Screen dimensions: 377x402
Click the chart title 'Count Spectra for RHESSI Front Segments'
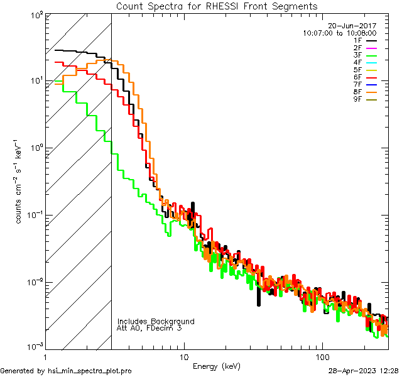[x=217, y=6]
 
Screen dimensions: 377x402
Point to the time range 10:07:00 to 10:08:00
[x=339, y=33]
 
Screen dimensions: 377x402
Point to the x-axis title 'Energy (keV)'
[x=216, y=366]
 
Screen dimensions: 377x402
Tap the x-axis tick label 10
[x=183, y=357]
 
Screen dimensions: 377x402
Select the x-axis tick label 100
[x=322, y=357]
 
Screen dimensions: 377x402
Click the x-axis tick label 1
[x=46, y=357]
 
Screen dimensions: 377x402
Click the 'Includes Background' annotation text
[x=156, y=321]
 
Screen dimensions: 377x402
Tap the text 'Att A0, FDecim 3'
[x=149, y=328]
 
